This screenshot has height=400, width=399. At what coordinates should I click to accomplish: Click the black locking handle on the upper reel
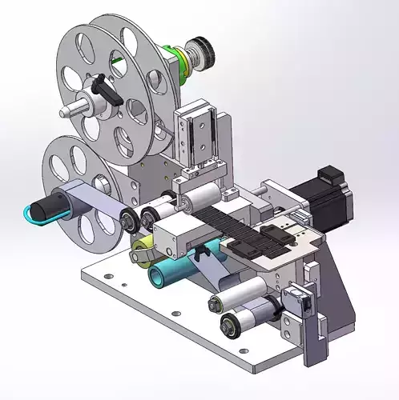pos(107,89)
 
